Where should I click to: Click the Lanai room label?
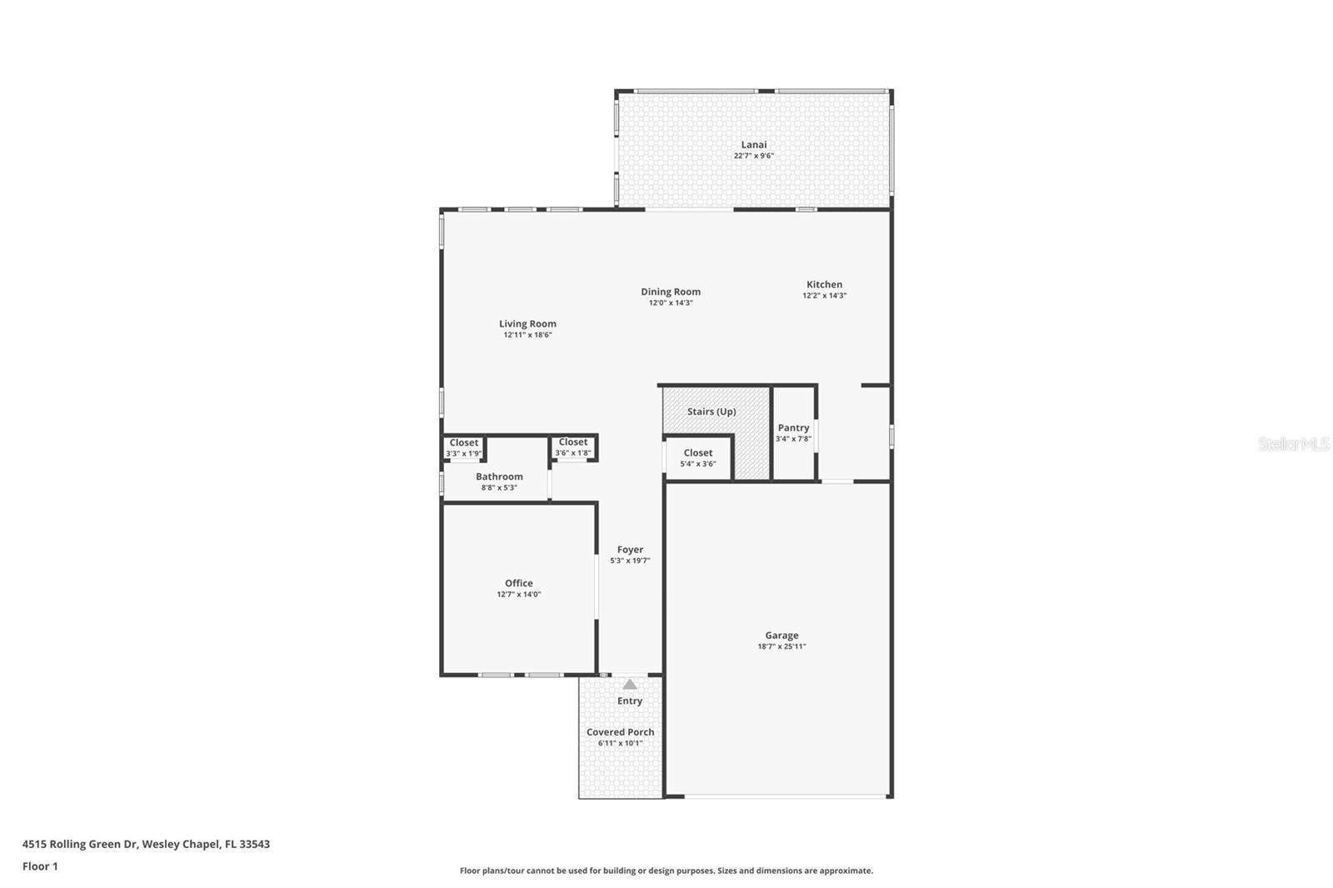753,145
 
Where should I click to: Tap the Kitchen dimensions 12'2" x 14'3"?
824,295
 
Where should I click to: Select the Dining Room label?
671,292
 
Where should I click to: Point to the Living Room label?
528,324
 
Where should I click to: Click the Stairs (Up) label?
711,412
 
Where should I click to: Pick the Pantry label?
793,427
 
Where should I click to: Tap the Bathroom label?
499,476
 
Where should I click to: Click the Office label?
519,583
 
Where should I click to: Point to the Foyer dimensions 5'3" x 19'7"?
630,561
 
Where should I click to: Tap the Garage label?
782,636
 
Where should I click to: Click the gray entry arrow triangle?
630,685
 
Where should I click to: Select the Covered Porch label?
620,732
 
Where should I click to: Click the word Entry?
630,701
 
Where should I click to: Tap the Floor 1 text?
41,866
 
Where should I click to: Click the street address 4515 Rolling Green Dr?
80,844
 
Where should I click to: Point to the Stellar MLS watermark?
1294,443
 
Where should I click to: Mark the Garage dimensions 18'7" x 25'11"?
782,646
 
